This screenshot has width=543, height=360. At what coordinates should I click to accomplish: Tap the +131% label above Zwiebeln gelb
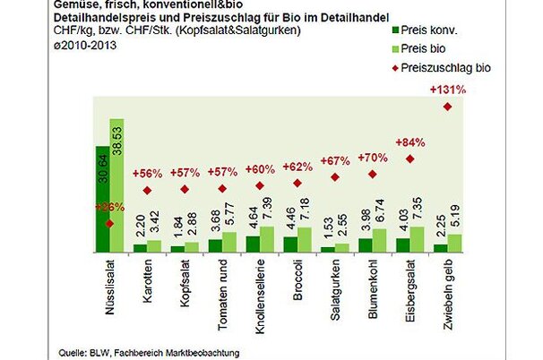[448, 90]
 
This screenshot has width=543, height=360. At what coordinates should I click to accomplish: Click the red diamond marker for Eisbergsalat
[410, 159]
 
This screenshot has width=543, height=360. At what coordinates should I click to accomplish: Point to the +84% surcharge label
[409, 142]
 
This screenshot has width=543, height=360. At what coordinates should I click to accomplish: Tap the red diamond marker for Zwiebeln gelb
[448, 107]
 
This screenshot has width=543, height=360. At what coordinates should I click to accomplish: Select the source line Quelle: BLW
[149, 353]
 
